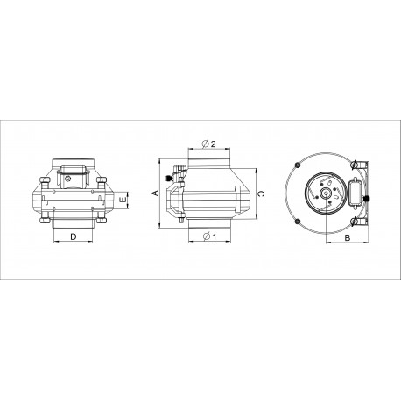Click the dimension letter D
pos(74,236)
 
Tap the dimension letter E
pos(123,200)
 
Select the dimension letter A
pos(156,193)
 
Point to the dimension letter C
pos(261,193)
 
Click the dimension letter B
pos(348,238)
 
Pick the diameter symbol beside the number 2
pos(206,144)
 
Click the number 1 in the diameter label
pos(214,236)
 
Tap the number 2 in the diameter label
pos(213,144)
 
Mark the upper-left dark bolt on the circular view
pos(298,165)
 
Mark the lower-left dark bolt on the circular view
pos(298,221)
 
